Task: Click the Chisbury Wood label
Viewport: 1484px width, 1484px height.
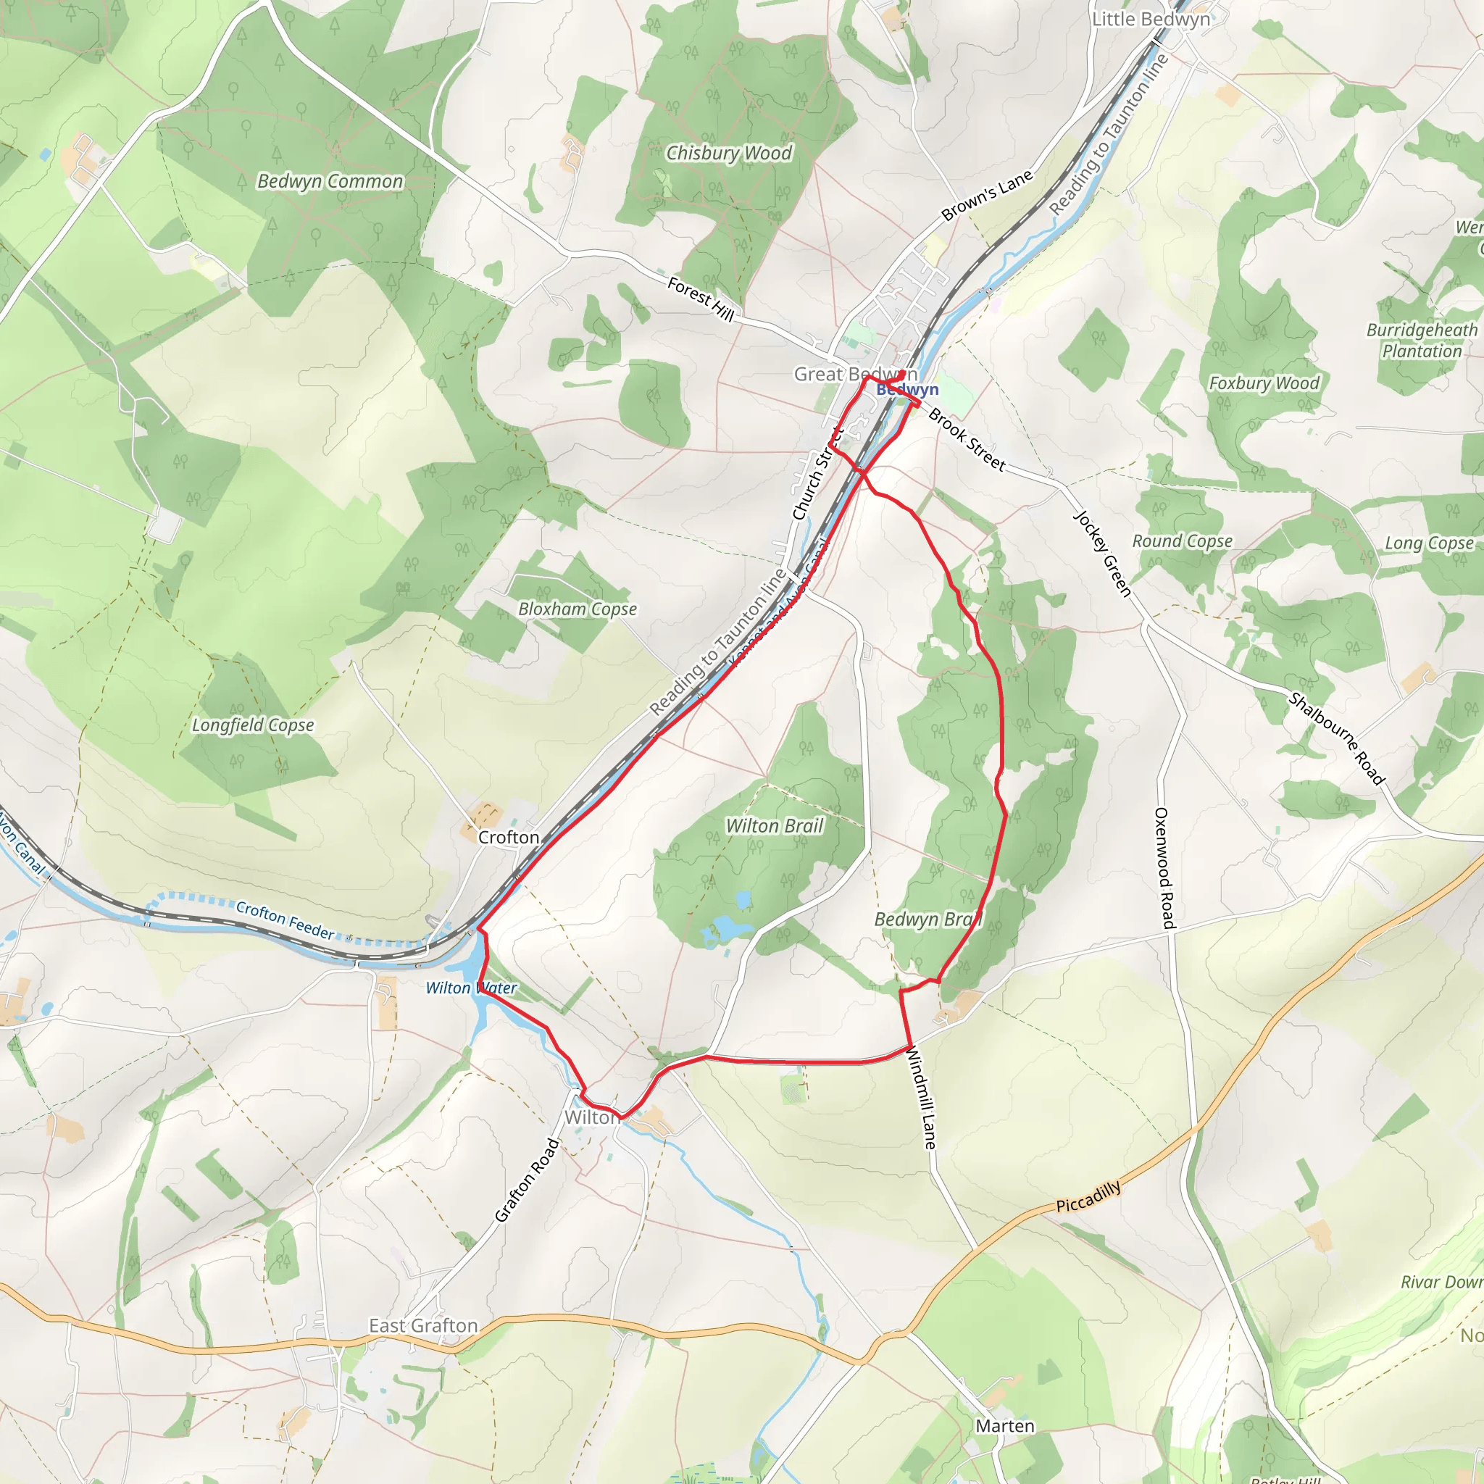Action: tap(728, 153)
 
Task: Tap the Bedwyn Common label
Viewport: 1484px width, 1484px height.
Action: tap(330, 181)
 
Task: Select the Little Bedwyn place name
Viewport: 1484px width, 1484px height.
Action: tap(1151, 20)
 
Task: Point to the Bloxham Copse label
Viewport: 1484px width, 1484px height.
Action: tap(578, 609)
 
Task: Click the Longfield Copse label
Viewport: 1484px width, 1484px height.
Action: tap(253, 725)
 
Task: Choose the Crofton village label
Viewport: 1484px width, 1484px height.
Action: tap(509, 837)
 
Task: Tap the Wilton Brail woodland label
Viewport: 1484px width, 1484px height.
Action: tap(775, 826)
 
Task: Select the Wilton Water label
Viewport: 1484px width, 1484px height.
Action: tap(472, 988)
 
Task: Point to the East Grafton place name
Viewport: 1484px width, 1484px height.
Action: tap(423, 1326)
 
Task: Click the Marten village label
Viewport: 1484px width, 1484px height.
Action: tap(1005, 1425)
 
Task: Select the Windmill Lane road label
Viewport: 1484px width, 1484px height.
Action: tap(922, 1099)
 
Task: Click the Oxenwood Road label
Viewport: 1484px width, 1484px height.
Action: tap(1164, 868)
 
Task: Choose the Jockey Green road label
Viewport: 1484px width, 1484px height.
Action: tap(1102, 553)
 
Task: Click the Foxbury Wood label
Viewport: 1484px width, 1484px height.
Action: tap(1264, 383)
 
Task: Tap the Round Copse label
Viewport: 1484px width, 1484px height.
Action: tap(1182, 541)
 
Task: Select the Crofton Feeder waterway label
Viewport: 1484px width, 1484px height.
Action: tap(285, 920)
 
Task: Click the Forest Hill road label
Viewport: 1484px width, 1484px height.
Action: tap(701, 298)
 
